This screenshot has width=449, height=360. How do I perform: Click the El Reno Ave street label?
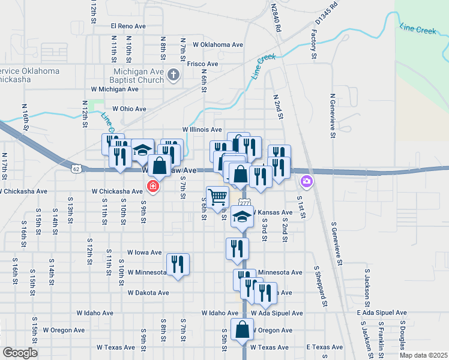pos(128,26)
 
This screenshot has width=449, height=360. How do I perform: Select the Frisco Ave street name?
pos(202,64)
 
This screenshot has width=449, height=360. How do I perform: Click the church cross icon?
pos(173,75)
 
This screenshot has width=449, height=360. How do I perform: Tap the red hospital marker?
pos(153,187)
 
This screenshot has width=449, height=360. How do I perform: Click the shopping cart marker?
pos(217,196)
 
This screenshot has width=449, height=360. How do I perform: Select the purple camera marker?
pos(307,181)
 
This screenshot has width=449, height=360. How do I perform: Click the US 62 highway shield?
pos(75,169)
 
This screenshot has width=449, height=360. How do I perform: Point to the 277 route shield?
pos(244,203)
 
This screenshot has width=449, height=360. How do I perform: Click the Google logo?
pos(19,353)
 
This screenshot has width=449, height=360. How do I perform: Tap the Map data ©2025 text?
pos(423,355)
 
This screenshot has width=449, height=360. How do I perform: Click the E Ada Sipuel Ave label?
pos(382,313)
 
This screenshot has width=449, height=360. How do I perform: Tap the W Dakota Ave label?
pos(148,293)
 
